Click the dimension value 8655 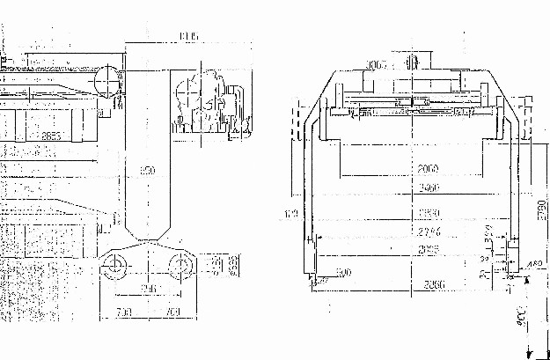[x=50, y=136]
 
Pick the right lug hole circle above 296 [x=182, y=265]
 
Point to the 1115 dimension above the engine [x=187, y=36]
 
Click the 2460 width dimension [x=429, y=188]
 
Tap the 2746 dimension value [x=429, y=232]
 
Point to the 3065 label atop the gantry [x=378, y=64]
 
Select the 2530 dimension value [x=429, y=214]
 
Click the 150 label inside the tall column [x=149, y=169]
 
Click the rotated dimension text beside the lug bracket [x=233, y=264]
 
